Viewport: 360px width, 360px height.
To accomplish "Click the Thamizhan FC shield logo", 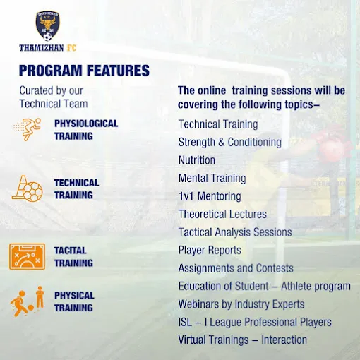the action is pyautogui.click(x=48, y=26).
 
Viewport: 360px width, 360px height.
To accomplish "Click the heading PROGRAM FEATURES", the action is pyautogui.click(x=84, y=71).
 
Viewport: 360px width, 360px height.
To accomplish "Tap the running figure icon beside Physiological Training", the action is pyautogui.click(x=28, y=129).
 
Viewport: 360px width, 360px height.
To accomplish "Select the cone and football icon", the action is pyautogui.click(x=28, y=188).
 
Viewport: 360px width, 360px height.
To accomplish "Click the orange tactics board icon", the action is pyautogui.click(x=28, y=256).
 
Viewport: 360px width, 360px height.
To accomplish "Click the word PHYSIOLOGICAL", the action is pyautogui.click(x=86, y=124).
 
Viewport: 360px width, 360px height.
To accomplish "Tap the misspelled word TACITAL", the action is pyautogui.click(x=70, y=251).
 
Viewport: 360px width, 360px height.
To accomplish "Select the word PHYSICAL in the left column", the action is pyautogui.click(x=74, y=296).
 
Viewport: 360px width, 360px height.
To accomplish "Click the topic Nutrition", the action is pyautogui.click(x=197, y=160).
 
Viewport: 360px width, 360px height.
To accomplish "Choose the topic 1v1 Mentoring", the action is pyautogui.click(x=210, y=196).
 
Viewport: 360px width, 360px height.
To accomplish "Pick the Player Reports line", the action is pyautogui.click(x=210, y=250).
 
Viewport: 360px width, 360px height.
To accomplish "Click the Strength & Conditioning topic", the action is pyautogui.click(x=229, y=142).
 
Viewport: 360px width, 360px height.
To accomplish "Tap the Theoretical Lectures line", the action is pyautogui.click(x=222, y=214).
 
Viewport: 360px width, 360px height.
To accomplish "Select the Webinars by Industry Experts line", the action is pyautogui.click(x=241, y=304).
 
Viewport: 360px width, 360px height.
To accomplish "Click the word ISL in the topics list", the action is pyautogui.click(x=185, y=322).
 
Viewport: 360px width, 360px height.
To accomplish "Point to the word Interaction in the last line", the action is pyautogui.click(x=284, y=340).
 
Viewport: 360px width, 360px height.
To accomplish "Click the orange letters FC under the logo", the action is pyautogui.click(x=71, y=48).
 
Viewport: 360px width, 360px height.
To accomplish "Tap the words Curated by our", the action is pyautogui.click(x=51, y=90).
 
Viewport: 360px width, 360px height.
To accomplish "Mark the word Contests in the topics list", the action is pyautogui.click(x=275, y=268).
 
